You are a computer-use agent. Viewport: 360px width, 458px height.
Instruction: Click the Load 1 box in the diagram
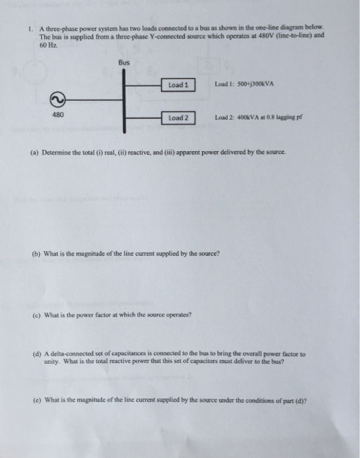(x=178, y=85)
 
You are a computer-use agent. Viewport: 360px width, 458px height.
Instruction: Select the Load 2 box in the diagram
(x=178, y=118)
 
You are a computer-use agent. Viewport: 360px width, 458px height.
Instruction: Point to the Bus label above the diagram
(x=124, y=63)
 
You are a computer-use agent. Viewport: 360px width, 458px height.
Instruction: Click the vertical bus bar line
(x=124, y=98)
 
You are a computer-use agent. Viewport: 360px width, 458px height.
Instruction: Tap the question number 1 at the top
(x=30, y=29)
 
